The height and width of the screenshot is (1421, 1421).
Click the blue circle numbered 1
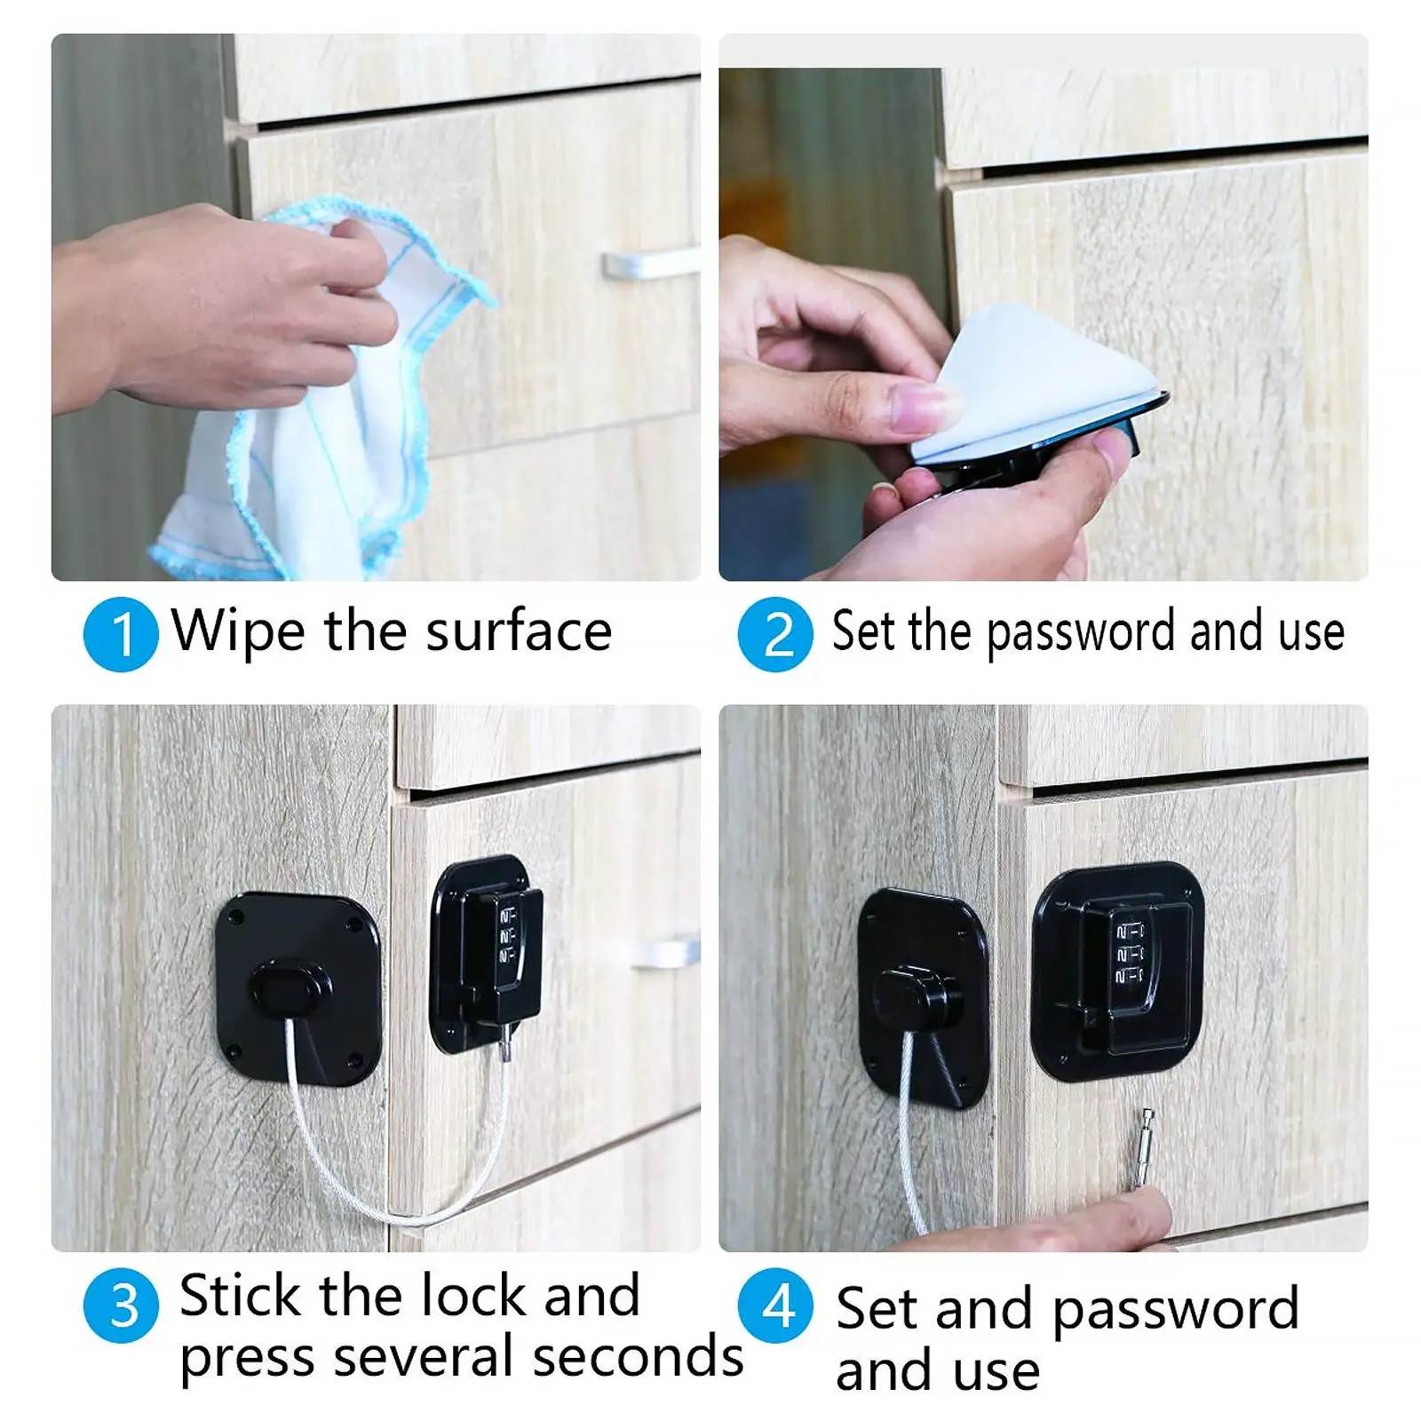tap(121, 634)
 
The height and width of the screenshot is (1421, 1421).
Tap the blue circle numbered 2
tap(775, 634)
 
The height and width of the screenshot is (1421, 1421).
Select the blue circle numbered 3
tap(121, 1306)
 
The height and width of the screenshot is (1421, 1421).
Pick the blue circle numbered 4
tap(775, 1306)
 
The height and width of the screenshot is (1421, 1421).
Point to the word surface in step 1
tap(519, 632)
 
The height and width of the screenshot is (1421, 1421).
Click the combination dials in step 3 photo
tap(507, 936)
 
